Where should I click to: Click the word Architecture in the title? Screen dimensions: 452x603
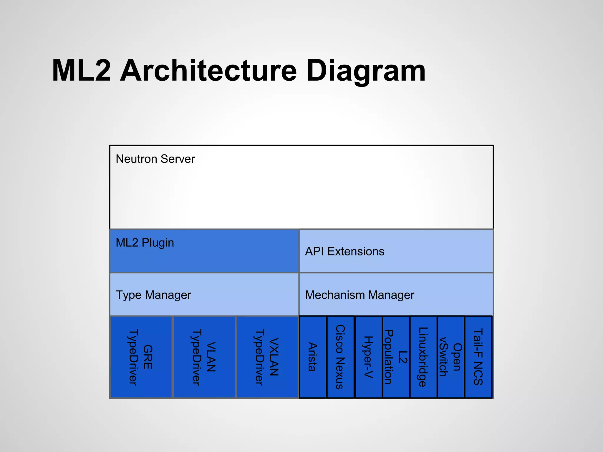pyautogui.click(x=208, y=71)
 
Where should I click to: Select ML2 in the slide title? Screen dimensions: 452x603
pyautogui.click(x=81, y=71)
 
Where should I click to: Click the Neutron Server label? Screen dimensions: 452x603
pyautogui.click(x=155, y=159)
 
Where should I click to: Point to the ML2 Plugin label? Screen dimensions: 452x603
pyautogui.click(x=145, y=243)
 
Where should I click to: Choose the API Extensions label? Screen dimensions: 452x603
pyautogui.click(x=344, y=251)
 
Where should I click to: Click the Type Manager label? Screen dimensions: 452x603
pyautogui.click(x=153, y=295)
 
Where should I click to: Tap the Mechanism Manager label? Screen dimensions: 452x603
pyautogui.click(x=360, y=295)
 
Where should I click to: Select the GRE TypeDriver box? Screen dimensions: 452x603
pyautogui.click(x=141, y=357)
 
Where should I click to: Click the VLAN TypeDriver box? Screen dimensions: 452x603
pyautogui.click(x=204, y=357)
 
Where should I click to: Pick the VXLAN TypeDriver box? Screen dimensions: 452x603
pyautogui.click(x=267, y=357)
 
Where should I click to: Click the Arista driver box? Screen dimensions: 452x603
pyautogui.click(x=313, y=357)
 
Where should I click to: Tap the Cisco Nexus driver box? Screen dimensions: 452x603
pyautogui.click(x=340, y=357)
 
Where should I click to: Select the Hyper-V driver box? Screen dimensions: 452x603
pyautogui.click(x=369, y=357)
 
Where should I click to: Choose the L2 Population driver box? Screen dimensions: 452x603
pyautogui.click(x=396, y=357)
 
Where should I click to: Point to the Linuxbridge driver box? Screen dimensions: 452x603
pyautogui.click(x=423, y=357)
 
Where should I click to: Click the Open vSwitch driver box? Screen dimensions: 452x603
pyautogui.click(x=451, y=357)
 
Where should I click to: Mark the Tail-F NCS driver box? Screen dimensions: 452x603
pyautogui.click(x=478, y=357)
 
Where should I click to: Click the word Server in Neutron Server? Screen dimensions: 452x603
pyautogui.click(x=178, y=159)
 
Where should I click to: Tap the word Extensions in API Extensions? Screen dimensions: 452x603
pyautogui.click(x=356, y=251)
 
